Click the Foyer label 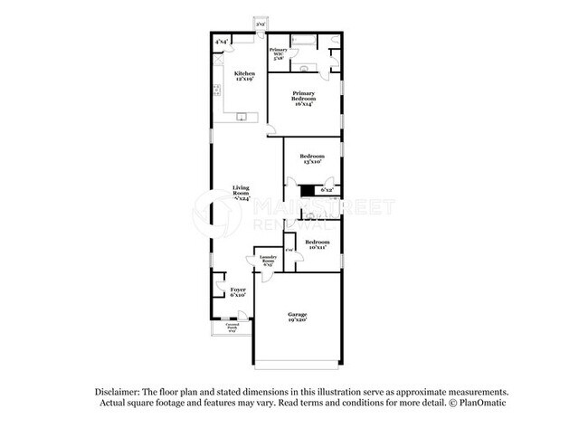(x=238, y=291)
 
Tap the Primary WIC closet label (x=279, y=54)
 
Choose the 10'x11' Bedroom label (x=317, y=245)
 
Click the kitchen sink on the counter (x=242, y=118)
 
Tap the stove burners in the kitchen (x=218, y=89)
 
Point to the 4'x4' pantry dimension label (x=222, y=42)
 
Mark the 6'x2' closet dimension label (x=327, y=190)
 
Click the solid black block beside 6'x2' (x=308, y=190)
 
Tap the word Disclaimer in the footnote (x=120, y=390)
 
